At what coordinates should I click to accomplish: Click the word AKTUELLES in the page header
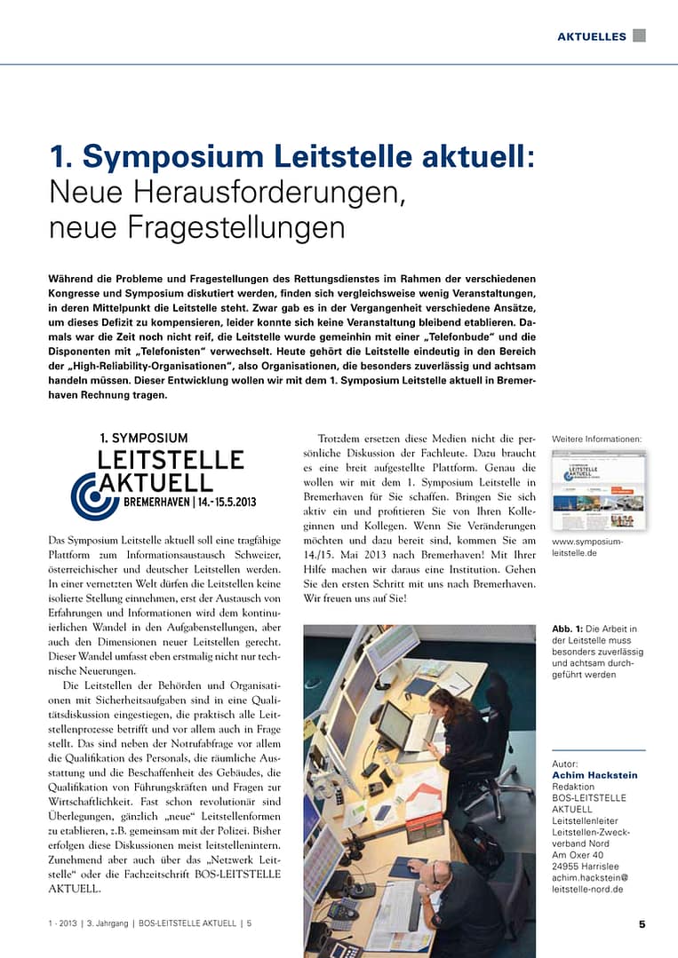point(591,36)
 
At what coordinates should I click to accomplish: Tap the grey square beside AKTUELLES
point(639,36)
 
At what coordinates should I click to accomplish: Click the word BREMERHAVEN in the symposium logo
point(155,502)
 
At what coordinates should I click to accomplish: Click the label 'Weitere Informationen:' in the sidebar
point(596,439)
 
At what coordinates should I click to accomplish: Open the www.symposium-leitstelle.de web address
point(587,547)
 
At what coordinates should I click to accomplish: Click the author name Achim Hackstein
point(594,775)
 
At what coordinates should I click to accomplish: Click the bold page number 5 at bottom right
point(642,923)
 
